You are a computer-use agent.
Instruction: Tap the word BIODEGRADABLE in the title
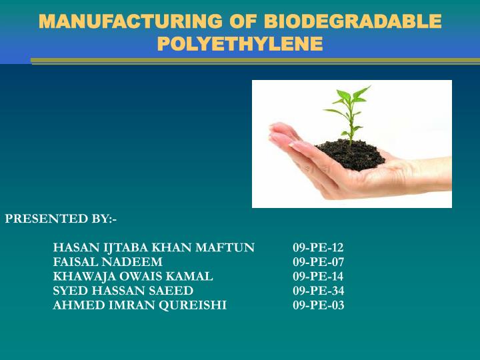353,21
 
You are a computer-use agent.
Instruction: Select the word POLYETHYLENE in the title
240,44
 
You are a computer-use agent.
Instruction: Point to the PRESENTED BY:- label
61,218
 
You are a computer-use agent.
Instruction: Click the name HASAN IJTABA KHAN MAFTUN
153,248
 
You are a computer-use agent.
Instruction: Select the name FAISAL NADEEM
107,262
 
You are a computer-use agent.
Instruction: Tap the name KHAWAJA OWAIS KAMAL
133,276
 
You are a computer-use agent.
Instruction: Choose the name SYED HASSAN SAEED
123,291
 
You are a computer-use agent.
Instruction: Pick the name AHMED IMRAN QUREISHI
139,305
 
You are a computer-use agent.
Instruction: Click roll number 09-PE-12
318,248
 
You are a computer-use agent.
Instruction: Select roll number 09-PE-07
318,262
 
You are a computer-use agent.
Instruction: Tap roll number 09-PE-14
318,276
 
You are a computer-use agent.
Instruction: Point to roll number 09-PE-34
318,291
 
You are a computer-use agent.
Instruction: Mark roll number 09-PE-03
318,305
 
